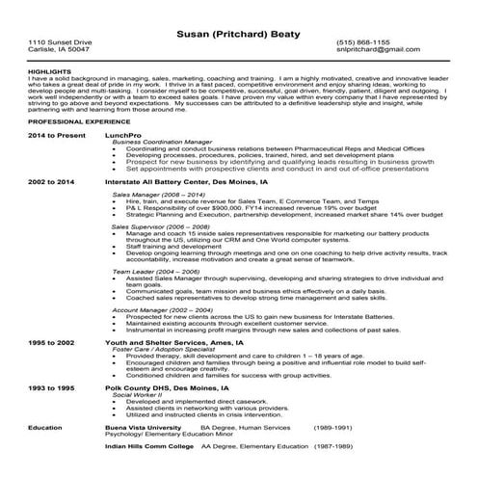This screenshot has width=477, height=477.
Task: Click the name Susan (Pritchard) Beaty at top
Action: coord(238,34)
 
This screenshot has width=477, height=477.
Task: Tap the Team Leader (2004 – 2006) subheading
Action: coord(154,301)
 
